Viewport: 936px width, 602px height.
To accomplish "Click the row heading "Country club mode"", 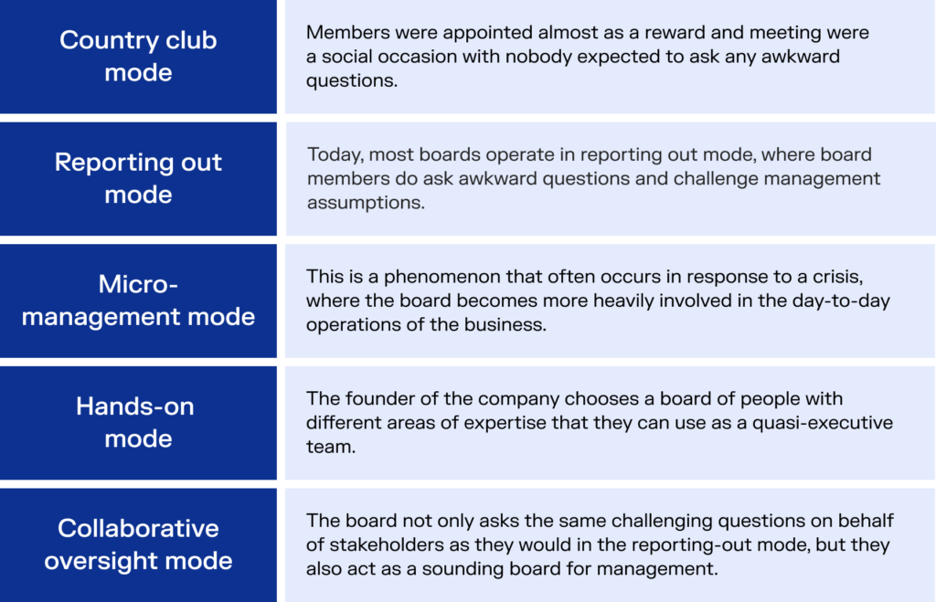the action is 138,56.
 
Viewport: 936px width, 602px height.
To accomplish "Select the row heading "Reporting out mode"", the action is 138,178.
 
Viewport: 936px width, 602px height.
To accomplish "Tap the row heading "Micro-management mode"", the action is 138,301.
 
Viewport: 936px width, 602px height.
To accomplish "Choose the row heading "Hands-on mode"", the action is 135,422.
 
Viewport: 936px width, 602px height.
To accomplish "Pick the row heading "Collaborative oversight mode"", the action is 138,544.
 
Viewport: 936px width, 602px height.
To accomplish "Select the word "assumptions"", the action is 366,203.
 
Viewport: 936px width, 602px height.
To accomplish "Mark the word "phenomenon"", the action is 442,278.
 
